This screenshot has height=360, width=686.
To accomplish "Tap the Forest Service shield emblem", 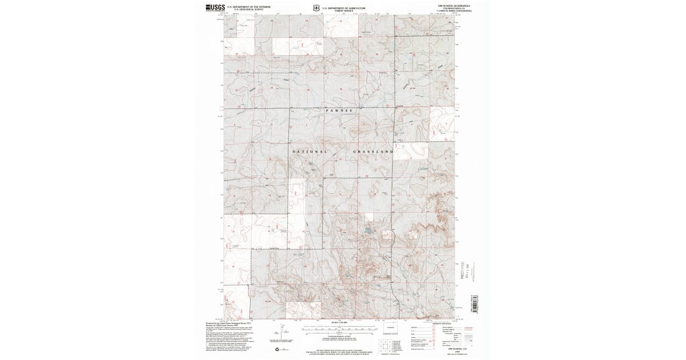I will click(316, 8).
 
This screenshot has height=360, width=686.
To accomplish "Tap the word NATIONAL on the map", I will click(310, 151).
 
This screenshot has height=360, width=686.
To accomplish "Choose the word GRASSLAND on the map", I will click(374, 151).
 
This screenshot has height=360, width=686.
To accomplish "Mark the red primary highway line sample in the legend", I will click(470, 328).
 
